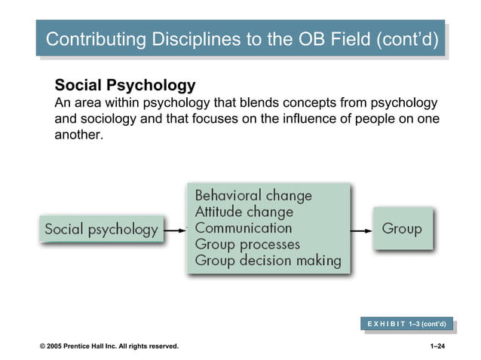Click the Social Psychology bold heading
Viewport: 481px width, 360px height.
(125, 85)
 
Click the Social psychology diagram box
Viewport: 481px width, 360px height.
(102, 228)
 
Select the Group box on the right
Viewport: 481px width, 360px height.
(402, 227)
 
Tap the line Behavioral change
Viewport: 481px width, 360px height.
(253, 195)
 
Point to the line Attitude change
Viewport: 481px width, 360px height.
(244, 212)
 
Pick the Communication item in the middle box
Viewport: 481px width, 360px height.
(243, 227)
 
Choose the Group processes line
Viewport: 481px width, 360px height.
(247, 244)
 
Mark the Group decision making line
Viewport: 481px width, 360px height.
(268, 261)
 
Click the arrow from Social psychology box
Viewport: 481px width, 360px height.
(175, 229)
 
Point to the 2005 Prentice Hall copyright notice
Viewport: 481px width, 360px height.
(109, 346)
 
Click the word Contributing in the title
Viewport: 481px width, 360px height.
(92, 39)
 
